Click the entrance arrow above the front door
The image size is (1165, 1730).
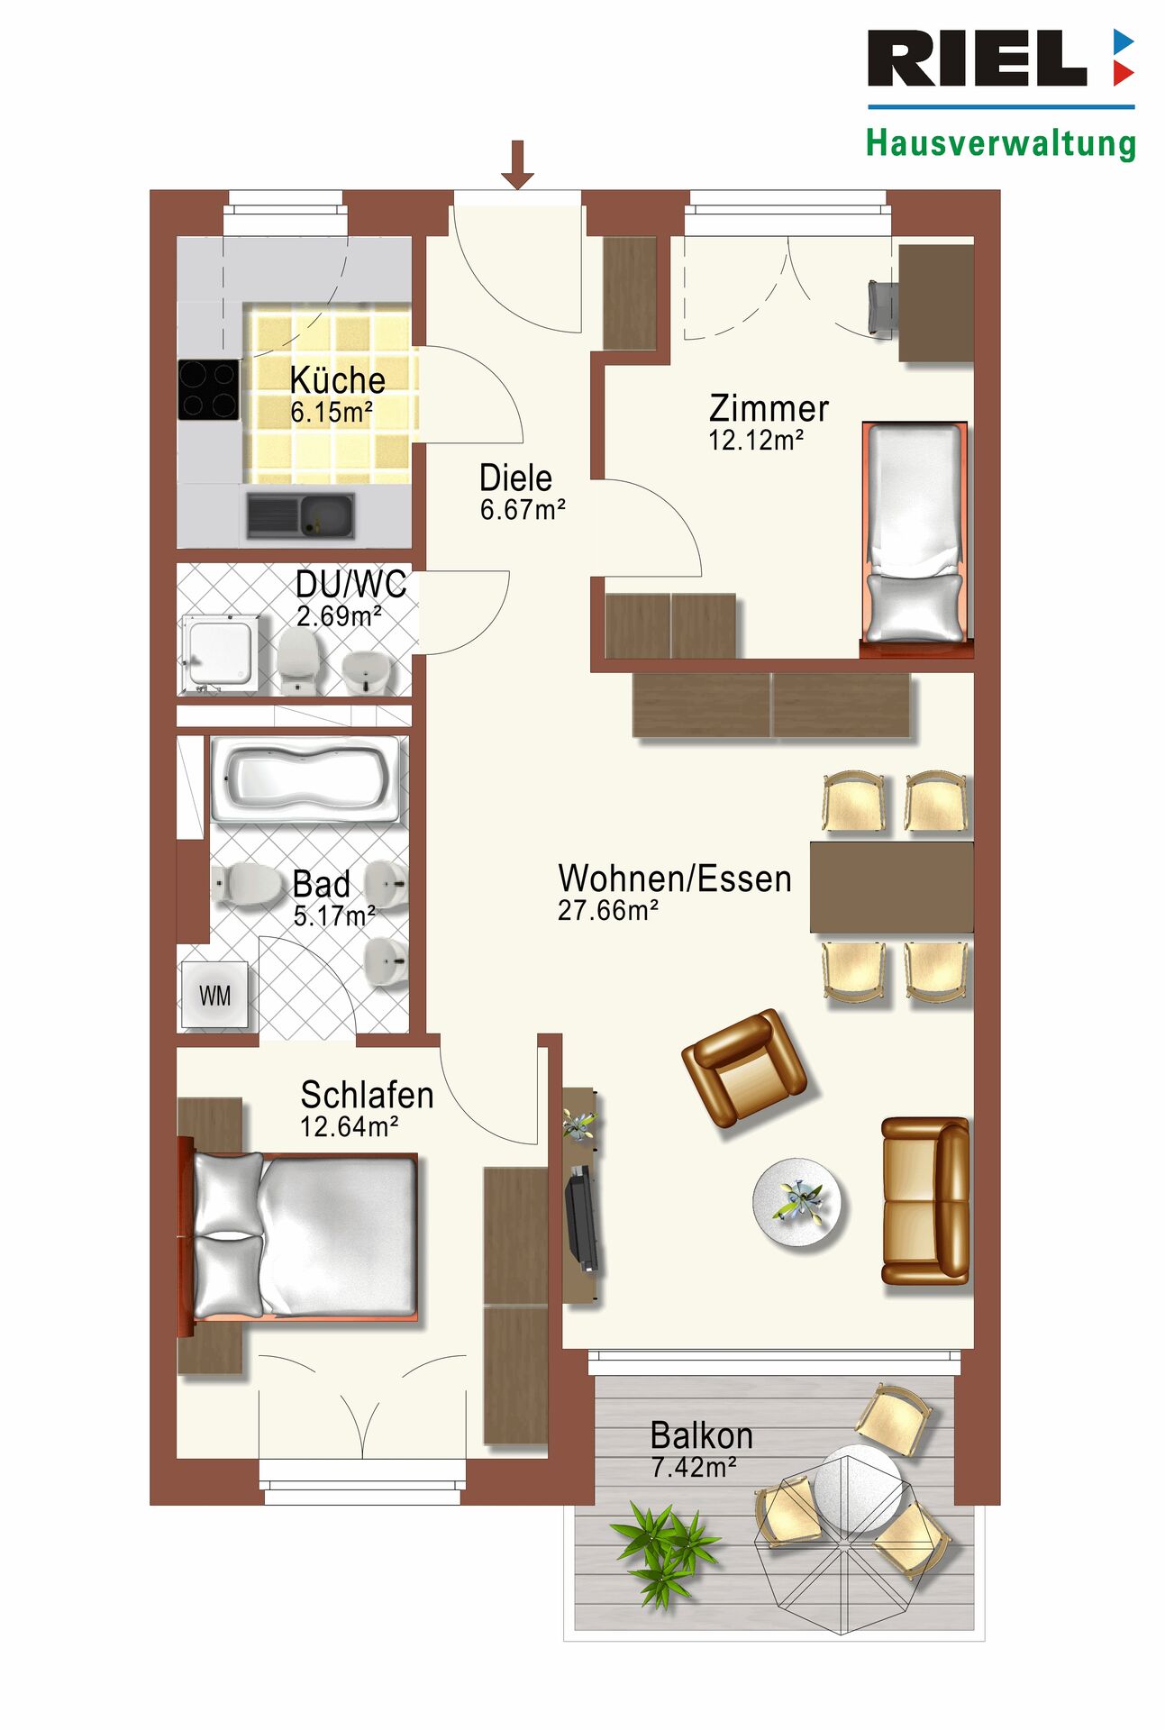517,164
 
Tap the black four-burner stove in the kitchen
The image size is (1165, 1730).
209,389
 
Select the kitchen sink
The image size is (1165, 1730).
300,515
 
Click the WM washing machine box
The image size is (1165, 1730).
214,995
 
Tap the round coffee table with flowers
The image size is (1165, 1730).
797,1203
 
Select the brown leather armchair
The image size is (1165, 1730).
744,1068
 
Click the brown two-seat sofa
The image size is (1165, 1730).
925,1200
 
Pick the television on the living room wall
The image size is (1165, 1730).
581,1216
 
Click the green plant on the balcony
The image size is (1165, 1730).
665,1552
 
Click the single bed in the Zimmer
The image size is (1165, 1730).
915,533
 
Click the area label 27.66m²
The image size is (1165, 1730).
608,911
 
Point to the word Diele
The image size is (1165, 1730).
515,478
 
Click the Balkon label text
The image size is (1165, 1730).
701,1435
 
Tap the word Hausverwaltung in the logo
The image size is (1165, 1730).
1001,143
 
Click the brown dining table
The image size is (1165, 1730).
891,887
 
